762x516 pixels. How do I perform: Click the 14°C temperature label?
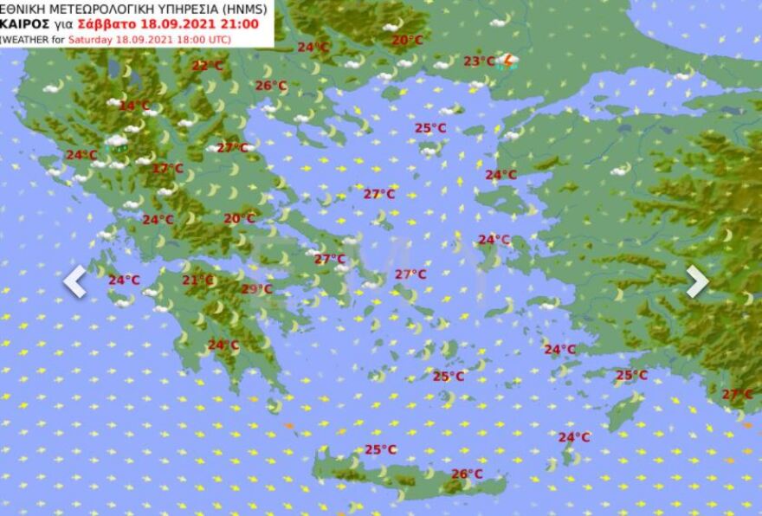coord(134,106)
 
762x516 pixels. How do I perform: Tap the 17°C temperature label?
coord(167,168)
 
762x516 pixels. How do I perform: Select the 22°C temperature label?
coord(207,65)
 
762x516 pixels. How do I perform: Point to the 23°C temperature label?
coord(479,61)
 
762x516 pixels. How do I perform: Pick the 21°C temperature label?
coord(197,280)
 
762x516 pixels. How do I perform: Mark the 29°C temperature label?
coord(256,289)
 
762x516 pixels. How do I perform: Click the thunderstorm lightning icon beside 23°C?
coord(510,61)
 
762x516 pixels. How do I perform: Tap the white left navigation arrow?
coord(74,281)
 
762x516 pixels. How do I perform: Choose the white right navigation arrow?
coord(697,281)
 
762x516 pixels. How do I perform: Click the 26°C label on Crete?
coord(467,474)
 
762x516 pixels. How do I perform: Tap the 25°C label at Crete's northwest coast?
coord(380,449)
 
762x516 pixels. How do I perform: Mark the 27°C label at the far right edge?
coord(737,394)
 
